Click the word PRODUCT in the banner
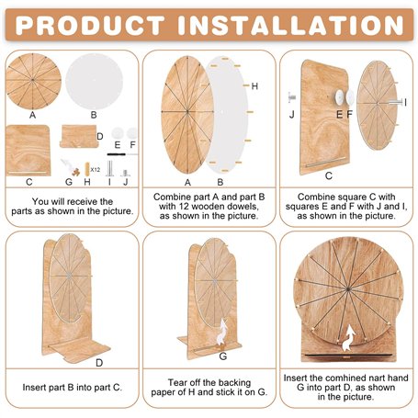click(x=90, y=25)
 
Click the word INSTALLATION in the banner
click(x=291, y=25)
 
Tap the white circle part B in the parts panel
click(x=94, y=81)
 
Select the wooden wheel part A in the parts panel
click(x=33, y=81)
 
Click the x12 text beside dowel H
click(x=96, y=169)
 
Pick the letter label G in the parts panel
click(x=69, y=182)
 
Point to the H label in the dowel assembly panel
click(x=254, y=86)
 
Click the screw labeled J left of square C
click(x=291, y=97)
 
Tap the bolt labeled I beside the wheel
click(x=395, y=102)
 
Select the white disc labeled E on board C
click(x=339, y=96)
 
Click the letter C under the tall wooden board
click(x=329, y=175)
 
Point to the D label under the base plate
click(x=99, y=363)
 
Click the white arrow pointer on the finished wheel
click(x=348, y=338)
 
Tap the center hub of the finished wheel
click(x=348, y=288)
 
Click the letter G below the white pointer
click(x=223, y=356)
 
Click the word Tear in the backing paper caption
click(x=177, y=382)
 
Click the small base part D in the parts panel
click(x=79, y=136)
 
